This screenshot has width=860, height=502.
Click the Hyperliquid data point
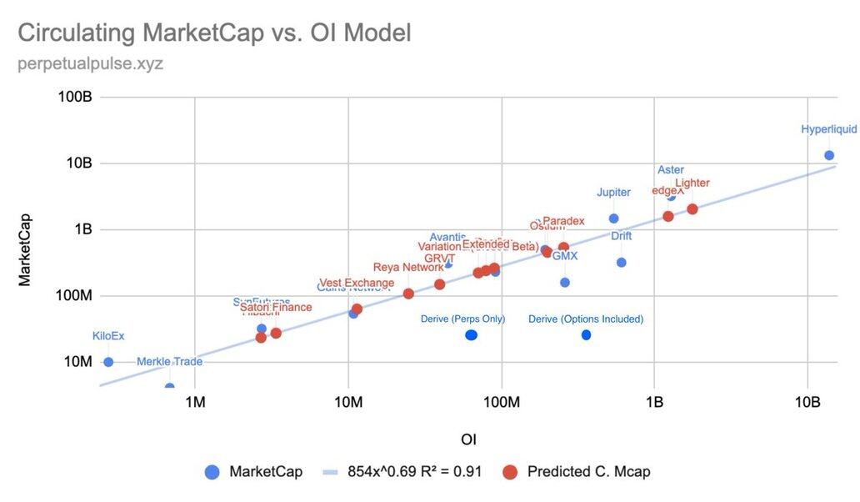pos(829,155)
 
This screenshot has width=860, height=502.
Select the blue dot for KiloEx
pos(108,362)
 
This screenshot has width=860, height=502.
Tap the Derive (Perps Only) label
pos(463,319)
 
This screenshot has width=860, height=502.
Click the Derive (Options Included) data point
pos(586,334)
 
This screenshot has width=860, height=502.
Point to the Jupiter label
pos(613,193)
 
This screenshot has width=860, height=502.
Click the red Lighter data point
pos(692,208)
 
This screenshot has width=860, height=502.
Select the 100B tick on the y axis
pos(75,97)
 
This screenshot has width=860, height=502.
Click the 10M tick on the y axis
pos(76,362)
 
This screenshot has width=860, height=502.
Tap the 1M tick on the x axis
pos(195,403)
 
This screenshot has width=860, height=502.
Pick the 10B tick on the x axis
pos(807,403)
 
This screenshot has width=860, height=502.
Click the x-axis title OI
pos(468,439)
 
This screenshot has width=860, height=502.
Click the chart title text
pos(214,33)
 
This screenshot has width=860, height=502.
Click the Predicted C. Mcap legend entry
pos(588,472)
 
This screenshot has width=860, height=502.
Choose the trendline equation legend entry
pos(414,472)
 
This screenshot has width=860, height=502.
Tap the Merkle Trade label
pos(169,361)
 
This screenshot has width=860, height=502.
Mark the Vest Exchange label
pos(357,284)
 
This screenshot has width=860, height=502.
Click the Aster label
pos(670,170)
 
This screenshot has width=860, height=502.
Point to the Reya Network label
pos(408,268)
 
